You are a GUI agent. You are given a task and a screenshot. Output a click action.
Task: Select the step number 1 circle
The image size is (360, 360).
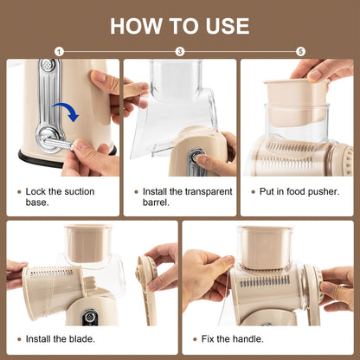59,52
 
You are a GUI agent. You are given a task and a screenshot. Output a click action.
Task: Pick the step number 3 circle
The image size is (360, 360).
180,52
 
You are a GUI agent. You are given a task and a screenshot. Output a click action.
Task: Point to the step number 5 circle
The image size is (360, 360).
300,52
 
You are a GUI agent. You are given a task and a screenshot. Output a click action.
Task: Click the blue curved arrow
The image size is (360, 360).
62,112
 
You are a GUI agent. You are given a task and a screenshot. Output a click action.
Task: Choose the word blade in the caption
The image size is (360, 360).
82,338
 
